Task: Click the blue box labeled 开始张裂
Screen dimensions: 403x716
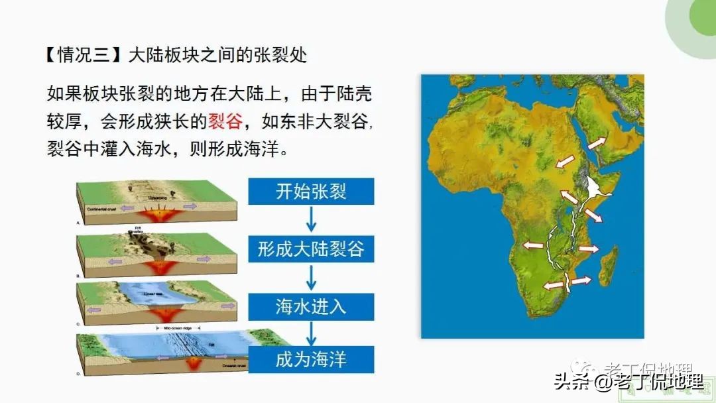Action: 311,192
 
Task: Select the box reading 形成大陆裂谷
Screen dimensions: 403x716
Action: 311,249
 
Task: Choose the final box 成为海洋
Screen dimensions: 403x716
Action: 311,360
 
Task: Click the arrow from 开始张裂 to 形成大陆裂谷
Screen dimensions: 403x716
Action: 311,220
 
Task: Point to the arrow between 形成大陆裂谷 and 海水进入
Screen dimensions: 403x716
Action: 311,278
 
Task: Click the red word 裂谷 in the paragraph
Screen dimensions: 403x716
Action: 225,121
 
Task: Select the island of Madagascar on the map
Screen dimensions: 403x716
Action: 607,262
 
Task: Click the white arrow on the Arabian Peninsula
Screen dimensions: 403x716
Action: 595,143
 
